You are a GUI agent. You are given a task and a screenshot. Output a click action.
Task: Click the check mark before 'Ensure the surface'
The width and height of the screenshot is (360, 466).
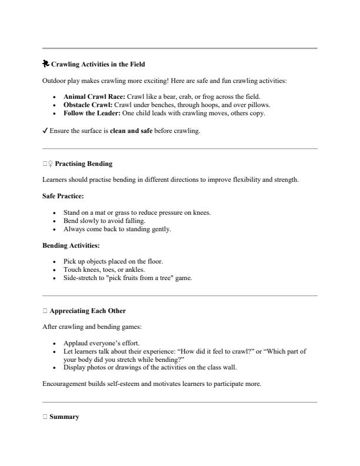click(x=46, y=131)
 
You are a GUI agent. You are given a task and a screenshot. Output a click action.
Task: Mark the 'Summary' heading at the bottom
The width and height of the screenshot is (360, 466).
click(x=65, y=417)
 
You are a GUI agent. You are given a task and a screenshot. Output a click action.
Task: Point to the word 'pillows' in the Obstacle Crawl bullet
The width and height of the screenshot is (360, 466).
click(x=257, y=105)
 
